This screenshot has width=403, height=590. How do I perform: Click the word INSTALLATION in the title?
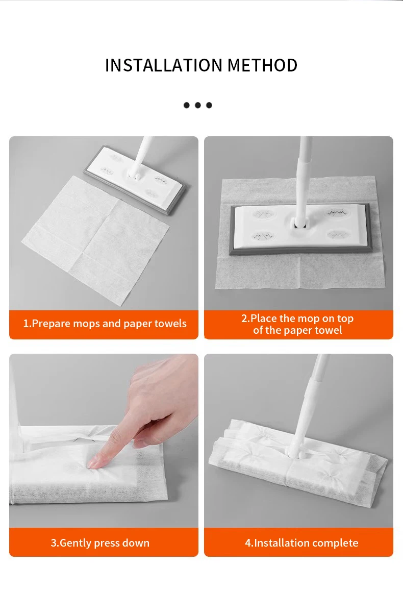point(164,66)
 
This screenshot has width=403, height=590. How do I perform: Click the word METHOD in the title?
point(262,66)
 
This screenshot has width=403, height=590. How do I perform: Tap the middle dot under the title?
point(198,105)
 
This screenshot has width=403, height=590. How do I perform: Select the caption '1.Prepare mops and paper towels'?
point(105,324)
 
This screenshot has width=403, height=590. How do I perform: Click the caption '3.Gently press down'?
point(100,543)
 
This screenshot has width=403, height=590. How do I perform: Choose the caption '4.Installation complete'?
point(301,543)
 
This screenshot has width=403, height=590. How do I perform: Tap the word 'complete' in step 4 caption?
point(336,543)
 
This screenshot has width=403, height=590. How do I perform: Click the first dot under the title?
point(186,105)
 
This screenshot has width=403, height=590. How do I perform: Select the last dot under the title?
point(209,105)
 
